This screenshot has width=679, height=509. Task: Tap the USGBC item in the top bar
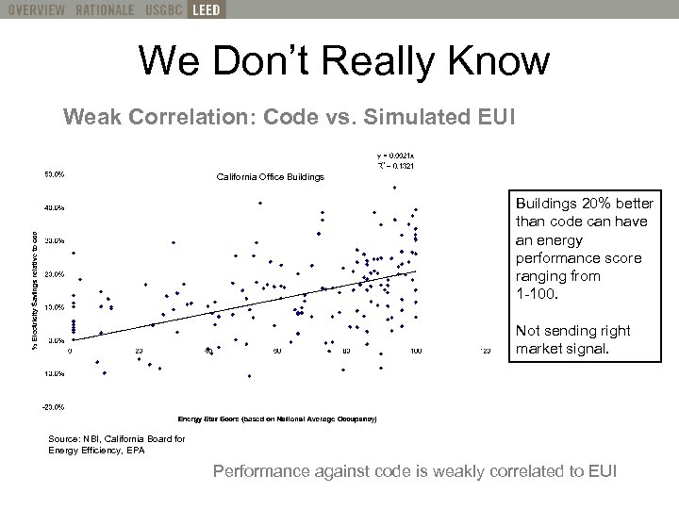click(161, 10)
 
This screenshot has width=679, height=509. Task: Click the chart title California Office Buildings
click(270, 177)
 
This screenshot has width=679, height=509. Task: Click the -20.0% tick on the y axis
click(53, 406)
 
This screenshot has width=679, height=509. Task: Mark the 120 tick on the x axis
click(486, 350)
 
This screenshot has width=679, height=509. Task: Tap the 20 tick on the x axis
click(139, 350)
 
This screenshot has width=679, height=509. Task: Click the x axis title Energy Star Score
click(276, 418)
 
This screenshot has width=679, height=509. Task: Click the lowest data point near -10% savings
click(249, 376)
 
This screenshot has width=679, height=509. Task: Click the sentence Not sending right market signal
click(571, 341)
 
